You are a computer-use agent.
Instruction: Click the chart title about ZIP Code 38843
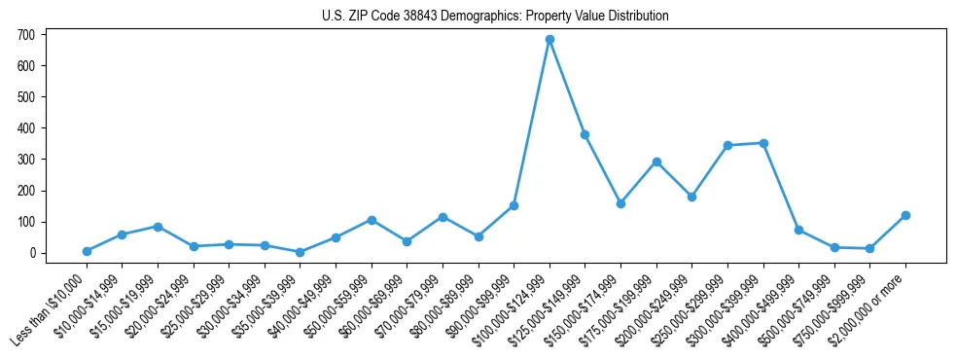coord(495,17)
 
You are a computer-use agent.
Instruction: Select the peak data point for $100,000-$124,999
coord(549,40)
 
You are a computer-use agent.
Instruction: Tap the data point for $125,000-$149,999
coord(585,135)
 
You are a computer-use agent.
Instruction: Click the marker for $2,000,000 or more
coord(905,215)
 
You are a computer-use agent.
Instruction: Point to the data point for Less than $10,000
coord(87,251)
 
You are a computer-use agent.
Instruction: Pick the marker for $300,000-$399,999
coord(763,143)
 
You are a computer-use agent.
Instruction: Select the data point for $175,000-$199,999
coord(656,162)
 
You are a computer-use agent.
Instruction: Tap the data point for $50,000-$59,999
coord(372,220)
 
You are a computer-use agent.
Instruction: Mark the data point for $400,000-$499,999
coord(798,230)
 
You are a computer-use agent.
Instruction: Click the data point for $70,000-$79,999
coord(443,217)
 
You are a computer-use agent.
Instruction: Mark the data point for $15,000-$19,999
coord(158,227)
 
